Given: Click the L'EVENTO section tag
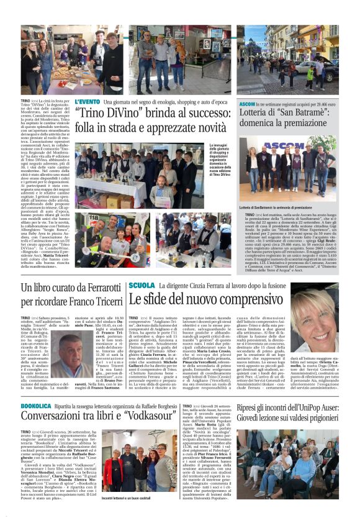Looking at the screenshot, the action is pyautogui.click(x=87, y=101).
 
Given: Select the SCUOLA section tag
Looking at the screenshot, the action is pyautogui.click(x=142, y=285).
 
